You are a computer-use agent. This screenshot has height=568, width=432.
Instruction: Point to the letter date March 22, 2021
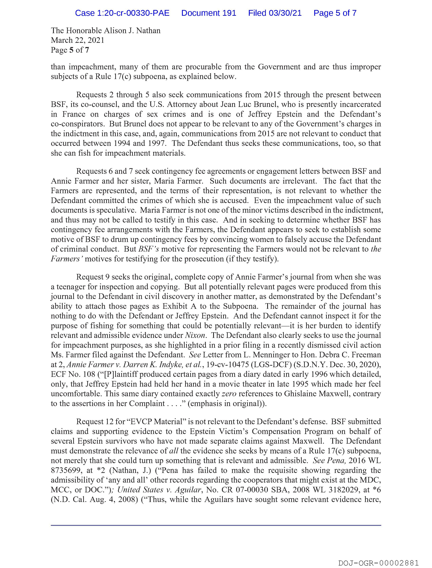[77, 40]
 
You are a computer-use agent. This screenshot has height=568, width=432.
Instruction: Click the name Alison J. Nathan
[132, 31]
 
